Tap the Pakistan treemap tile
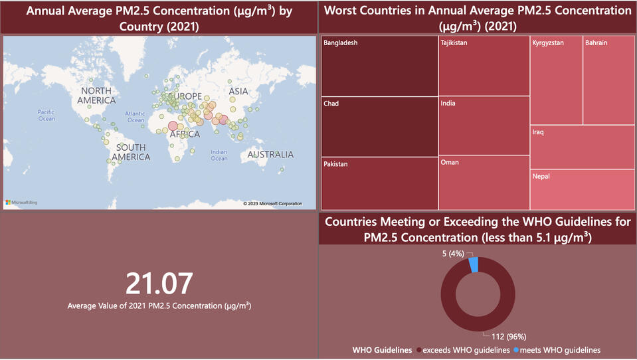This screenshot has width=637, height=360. pos(379,183)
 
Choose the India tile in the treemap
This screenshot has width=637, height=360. pos(484,126)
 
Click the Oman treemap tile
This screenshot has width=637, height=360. pos(484,183)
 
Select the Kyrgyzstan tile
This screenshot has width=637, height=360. pos(556,81)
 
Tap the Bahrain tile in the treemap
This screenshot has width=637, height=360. pos(609,81)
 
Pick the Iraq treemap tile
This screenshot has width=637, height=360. pos(583,147)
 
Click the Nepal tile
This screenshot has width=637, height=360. pos(583,190)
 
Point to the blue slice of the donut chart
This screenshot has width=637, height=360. pos(474,264)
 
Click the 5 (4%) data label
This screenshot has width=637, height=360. pos(452,253)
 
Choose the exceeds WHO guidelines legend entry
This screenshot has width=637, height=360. pos(465,350)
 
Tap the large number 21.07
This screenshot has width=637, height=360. pos(159,284)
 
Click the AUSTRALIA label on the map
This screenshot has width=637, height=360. pos(270,155)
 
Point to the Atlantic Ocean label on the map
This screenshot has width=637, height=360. pos(136,117)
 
